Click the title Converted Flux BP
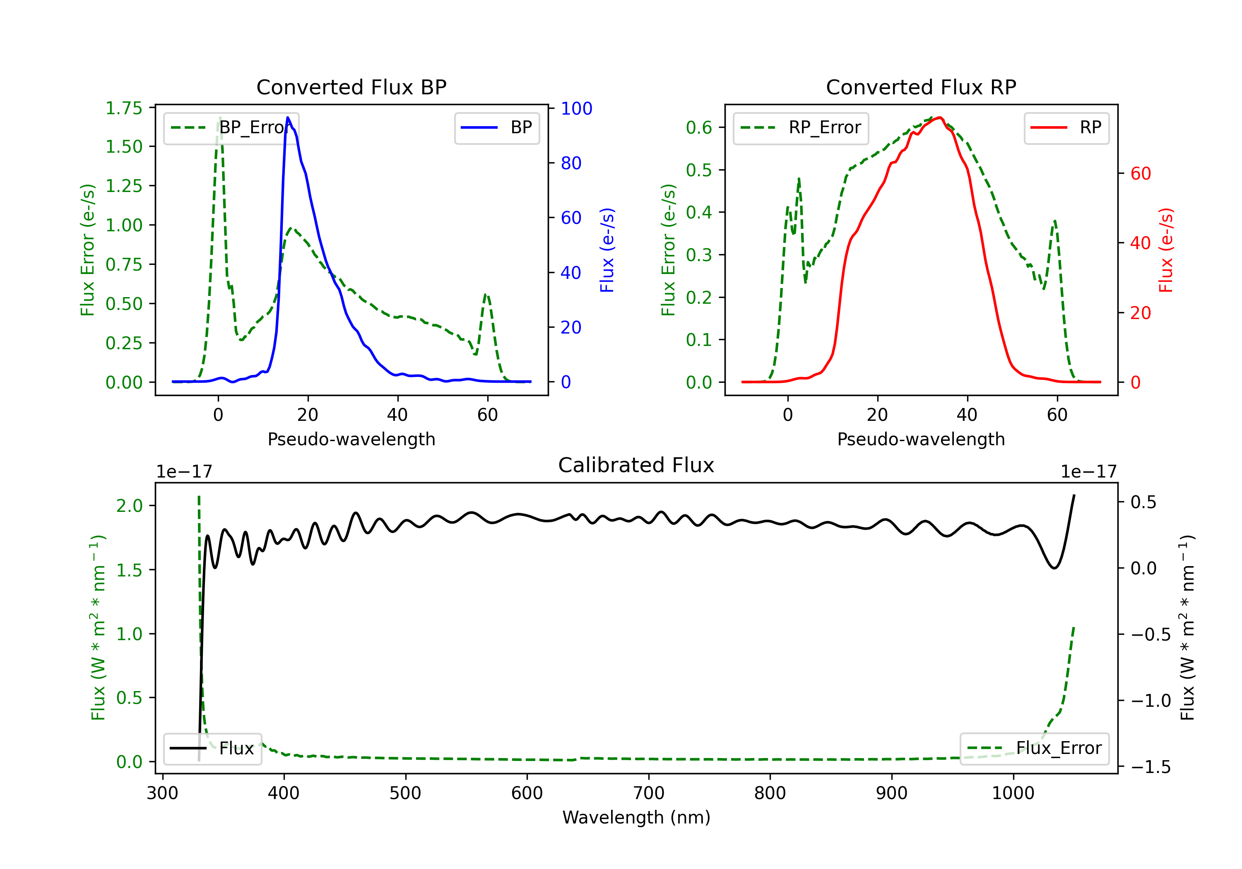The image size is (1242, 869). tap(351, 87)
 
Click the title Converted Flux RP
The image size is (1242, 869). tap(921, 87)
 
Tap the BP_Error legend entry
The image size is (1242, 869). tap(231, 127)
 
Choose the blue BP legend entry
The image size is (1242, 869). tap(496, 127)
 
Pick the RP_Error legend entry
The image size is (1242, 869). tap(801, 127)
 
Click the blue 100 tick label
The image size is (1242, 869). tap(576, 109)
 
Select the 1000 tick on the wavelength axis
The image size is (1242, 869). tap(1013, 793)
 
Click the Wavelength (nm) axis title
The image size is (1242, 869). tap(636, 818)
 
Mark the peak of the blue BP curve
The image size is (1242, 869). tap(288, 118)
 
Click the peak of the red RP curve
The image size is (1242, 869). tap(940, 118)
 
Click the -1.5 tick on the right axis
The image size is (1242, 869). tap(1151, 767)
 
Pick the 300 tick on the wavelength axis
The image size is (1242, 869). tap(162, 793)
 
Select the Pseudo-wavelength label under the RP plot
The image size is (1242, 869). tap(921, 439)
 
